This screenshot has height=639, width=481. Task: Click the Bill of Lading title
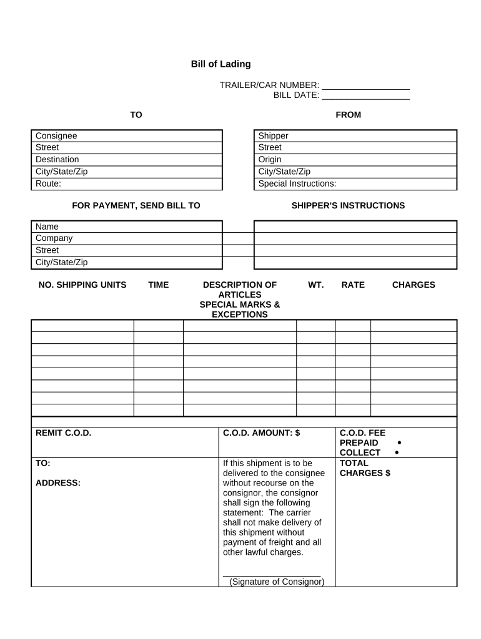coord(221,64)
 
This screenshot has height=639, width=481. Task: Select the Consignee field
coord(127,136)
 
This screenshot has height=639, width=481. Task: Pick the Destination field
coord(127,160)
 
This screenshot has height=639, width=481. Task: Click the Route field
coord(127,184)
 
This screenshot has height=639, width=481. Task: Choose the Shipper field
coord(355,136)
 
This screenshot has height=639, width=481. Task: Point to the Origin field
coord(355,160)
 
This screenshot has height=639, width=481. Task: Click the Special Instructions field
coord(355,184)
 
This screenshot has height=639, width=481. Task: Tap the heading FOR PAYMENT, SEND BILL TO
coord(136,206)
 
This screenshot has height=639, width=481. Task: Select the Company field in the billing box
coord(127,238)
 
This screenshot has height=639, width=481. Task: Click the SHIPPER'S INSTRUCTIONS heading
coord(348,206)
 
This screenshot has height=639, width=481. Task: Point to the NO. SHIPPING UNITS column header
coord(82,285)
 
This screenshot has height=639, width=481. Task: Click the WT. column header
coord(315,285)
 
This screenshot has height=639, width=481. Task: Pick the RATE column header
coord(353,285)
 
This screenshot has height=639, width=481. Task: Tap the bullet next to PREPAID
coord(399,442)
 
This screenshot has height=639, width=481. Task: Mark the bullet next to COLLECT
coord(397,452)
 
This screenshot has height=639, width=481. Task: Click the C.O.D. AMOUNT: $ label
coord(262,433)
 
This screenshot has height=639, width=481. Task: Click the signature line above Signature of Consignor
coord(272,575)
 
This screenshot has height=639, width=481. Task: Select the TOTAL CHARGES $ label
coord(365,468)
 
